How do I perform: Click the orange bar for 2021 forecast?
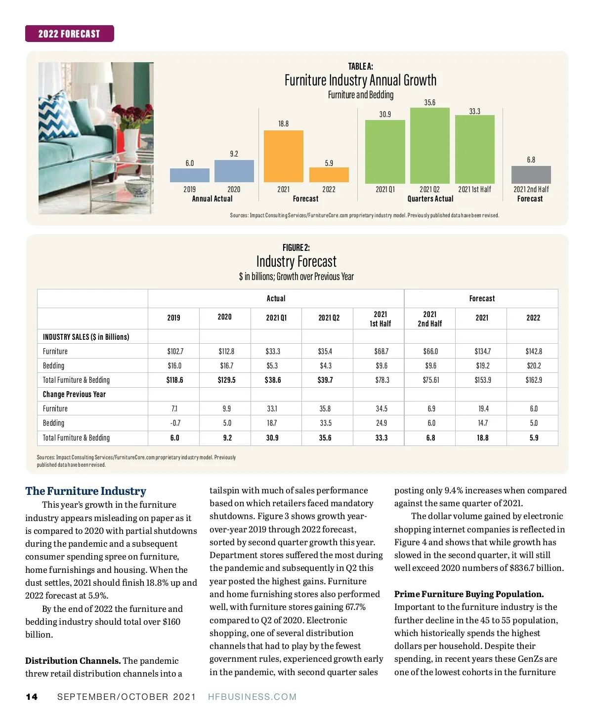283,156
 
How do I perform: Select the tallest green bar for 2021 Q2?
429,146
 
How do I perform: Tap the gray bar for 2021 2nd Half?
531,175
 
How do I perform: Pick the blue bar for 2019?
189,175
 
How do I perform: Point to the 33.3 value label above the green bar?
474,112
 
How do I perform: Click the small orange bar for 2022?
329,175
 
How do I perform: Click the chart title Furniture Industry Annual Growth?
360,80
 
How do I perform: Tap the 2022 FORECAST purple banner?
69,34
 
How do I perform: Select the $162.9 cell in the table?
533,380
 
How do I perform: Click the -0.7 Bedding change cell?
175,423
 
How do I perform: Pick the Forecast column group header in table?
481,298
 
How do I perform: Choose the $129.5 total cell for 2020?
226,380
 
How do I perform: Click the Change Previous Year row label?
74,394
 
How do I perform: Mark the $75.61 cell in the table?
430,380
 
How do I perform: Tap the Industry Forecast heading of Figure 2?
296,261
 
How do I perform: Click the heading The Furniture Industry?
85,491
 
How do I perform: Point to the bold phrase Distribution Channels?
73,661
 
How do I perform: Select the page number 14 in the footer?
32,697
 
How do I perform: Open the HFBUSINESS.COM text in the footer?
252,697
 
